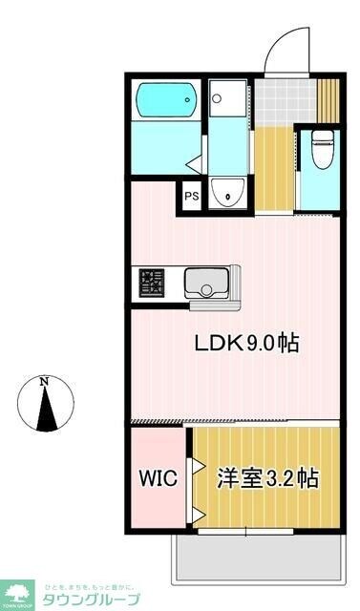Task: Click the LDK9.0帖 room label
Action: (247, 343)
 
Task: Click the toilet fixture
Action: (323, 148)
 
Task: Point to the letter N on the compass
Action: (45, 382)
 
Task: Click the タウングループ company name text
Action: (93, 599)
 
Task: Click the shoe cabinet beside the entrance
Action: (328, 99)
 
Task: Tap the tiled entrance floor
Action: (285, 99)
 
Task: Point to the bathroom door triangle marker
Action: (194, 163)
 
